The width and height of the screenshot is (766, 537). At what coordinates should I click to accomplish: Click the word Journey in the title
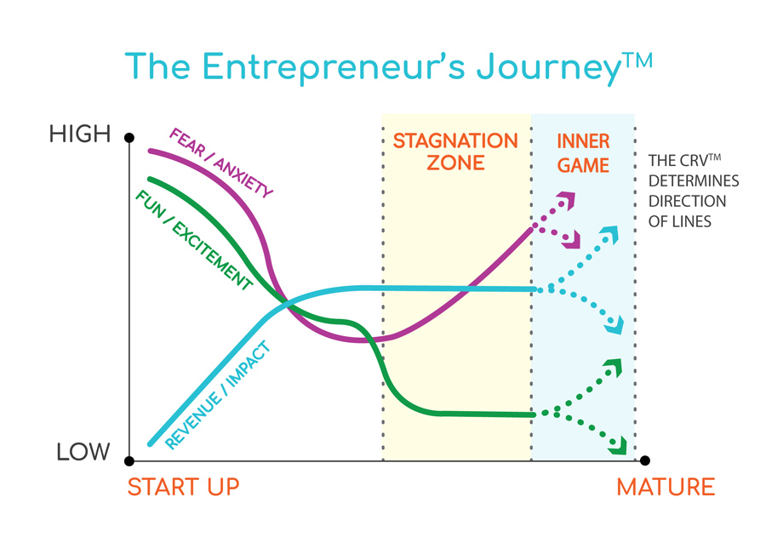549,67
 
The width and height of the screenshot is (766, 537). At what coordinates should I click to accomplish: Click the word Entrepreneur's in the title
334,67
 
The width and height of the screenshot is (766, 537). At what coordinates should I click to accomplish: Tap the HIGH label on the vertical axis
80,134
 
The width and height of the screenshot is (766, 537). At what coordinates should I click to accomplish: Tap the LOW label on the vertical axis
83,452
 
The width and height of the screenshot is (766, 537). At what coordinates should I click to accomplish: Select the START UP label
183,487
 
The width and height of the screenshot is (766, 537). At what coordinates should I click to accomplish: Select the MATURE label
666,487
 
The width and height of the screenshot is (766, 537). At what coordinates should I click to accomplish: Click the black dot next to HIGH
129,138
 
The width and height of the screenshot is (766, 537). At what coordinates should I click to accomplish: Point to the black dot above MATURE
645,460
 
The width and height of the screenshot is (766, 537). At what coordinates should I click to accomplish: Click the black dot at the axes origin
129,460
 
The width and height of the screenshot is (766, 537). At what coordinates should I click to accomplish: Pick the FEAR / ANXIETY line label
220,163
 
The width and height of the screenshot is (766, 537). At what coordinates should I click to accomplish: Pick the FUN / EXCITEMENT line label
194,239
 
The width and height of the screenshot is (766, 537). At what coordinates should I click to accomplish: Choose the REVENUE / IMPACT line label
218,395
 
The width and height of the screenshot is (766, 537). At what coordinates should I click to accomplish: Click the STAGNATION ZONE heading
455,151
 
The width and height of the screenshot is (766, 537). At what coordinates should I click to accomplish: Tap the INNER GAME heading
583,153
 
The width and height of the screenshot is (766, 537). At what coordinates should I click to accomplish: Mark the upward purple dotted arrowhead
568,200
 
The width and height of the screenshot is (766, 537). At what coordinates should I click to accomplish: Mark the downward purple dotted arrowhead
572,239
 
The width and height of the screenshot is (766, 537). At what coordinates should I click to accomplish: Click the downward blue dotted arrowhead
615,325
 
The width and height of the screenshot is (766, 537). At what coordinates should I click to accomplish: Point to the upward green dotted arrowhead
613,368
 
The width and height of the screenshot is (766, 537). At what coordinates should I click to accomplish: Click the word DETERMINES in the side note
694,180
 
